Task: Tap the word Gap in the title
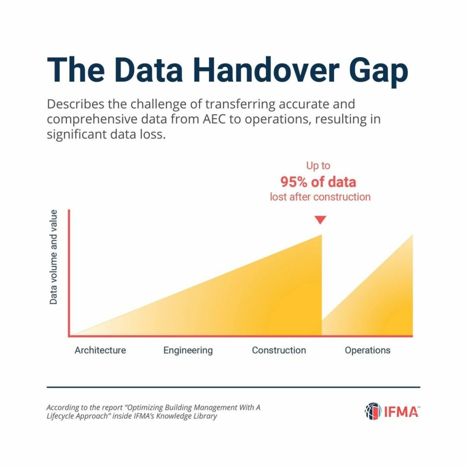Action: (379, 73)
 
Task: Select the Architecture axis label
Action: (100, 350)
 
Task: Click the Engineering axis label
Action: (188, 351)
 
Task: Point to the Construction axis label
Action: (279, 350)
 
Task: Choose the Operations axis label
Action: (368, 351)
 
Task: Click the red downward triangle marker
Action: (321, 220)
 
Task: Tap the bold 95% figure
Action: (293, 182)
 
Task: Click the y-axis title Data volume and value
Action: (53, 257)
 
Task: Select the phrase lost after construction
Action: (320, 197)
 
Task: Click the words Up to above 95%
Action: (318, 166)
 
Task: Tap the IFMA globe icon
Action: (373, 411)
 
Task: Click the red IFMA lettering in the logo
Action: (401, 412)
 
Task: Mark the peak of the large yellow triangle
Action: (322, 235)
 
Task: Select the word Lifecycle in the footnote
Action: (61, 416)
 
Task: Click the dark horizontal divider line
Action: (233, 387)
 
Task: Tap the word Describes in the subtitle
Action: (76, 104)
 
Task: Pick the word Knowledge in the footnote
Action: (174, 416)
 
